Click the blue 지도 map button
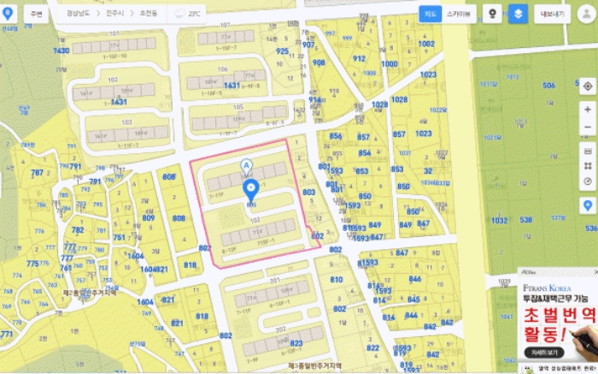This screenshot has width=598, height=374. coord(430,14)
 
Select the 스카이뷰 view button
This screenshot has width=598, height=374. coord(461,14)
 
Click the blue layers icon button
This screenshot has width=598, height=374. coord(518,15)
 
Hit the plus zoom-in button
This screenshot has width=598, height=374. coord(588,110)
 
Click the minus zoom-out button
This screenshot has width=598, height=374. coord(588,128)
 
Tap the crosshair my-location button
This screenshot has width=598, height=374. coord(588,87)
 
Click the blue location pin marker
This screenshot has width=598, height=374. coord(251,189)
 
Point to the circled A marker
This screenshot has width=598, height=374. coord(248,164)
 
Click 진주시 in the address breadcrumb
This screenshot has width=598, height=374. coord(114,14)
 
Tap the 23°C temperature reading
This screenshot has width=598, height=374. coord(194,14)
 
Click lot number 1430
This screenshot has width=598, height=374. coord(62,50)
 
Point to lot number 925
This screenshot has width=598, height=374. coord(283,50)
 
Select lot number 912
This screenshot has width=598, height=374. coord(359,58)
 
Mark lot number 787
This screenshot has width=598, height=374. coord(37,173)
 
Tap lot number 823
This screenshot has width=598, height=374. coord(296,343)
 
